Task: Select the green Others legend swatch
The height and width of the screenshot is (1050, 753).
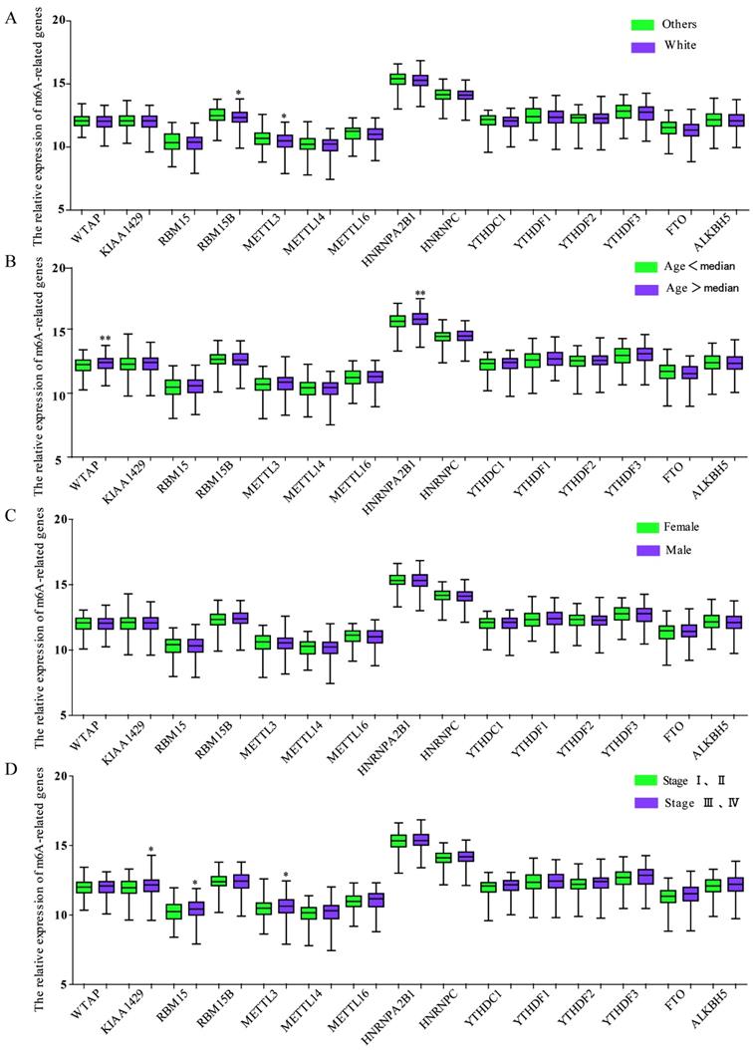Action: tap(643, 24)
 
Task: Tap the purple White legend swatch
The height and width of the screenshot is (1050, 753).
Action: tap(643, 45)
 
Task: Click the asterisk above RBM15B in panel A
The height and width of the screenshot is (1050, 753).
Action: tap(239, 95)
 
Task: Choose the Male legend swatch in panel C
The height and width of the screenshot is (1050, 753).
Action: tap(643, 549)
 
